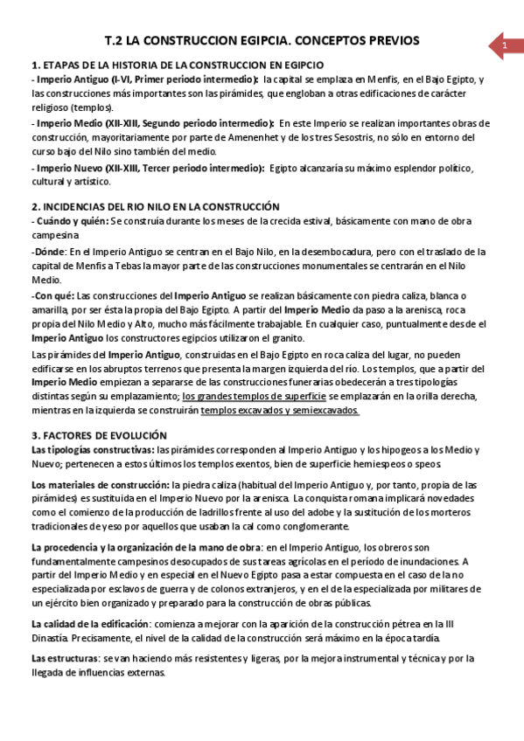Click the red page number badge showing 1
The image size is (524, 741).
click(x=503, y=45)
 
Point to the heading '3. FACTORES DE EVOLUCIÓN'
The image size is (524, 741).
click(x=105, y=435)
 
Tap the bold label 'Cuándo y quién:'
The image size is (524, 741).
click(x=69, y=221)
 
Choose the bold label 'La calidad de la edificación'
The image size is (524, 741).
click(x=90, y=624)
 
